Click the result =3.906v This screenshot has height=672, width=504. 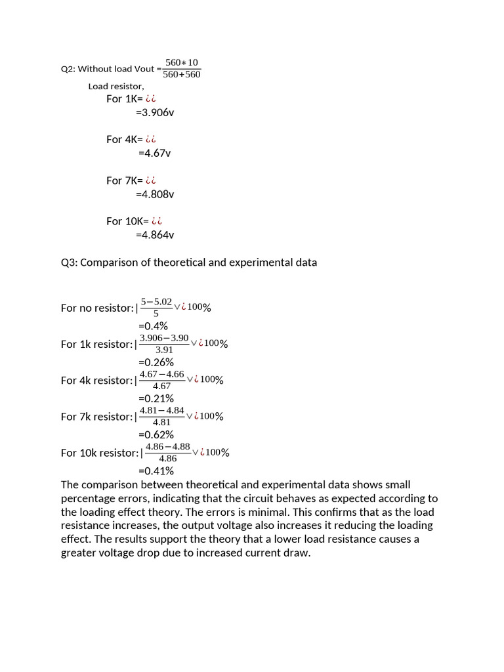tap(155, 112)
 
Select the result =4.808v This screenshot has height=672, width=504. tap(155, 194)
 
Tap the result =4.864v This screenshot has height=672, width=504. tap(155, 235)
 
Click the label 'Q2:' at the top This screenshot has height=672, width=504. tap(68, 69)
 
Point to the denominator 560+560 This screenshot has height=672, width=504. tap(182, 74)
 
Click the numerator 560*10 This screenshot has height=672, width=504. tap(182, 62)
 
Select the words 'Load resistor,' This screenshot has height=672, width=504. tap(116, 86)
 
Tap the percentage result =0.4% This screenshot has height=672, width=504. tap(153, 326)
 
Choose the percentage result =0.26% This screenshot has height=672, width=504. tap(156, 362)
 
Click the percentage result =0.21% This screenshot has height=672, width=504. tap(156, 398)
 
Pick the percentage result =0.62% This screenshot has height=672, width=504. tap(156, 434)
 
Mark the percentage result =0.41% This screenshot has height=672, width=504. tap(156, 471)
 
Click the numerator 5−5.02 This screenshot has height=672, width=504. tap(156, 302)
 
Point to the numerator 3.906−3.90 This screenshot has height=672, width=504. tap(164, 337)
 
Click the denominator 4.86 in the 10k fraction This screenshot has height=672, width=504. tap(168, 458)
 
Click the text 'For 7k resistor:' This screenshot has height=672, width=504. tap(96, 417)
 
